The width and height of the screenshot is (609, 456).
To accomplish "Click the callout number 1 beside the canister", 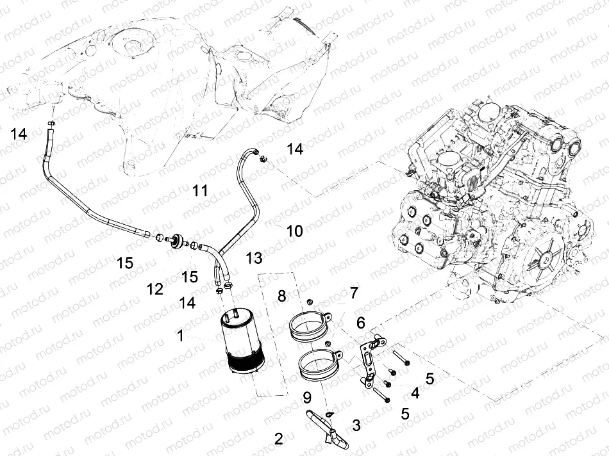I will tap(181, 334).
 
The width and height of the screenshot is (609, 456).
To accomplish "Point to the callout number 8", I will tap(281, 295).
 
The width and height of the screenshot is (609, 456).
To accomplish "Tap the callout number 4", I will tap(415, 392).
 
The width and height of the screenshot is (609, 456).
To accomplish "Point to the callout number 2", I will tap(278, 439).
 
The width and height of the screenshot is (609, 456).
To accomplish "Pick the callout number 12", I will tap(154, 289).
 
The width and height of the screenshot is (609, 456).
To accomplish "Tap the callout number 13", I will tap(254, 257).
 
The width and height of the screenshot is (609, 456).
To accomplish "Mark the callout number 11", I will tap(200, 190).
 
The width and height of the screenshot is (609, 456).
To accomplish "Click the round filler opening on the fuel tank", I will tap(133, 46).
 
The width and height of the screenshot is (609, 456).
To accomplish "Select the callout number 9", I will tap(306, 398).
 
